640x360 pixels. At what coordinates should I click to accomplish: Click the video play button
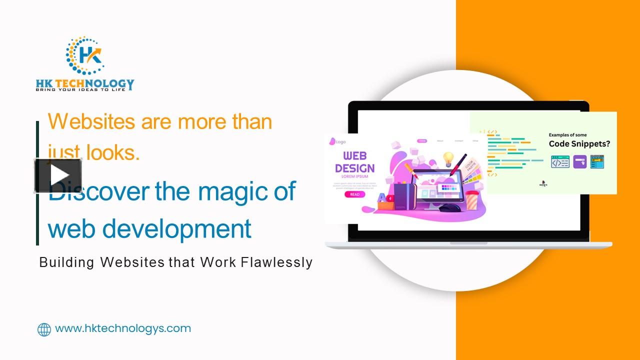tap(58, 175)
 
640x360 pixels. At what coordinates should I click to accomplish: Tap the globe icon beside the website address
tap(44, 329)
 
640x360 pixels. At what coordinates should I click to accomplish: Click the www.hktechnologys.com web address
tap(123, 328)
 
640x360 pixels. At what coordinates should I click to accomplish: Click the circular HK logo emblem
tap(85, 55)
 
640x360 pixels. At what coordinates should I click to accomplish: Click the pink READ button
tap(354, 194)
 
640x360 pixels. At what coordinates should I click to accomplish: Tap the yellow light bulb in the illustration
tap(448, 158)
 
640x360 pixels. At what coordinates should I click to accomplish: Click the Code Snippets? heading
tap(579, 144)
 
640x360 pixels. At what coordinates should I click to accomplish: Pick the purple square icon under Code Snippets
tap(580, 161)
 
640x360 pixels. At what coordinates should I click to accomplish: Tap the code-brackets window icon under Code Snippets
tap(560, 161)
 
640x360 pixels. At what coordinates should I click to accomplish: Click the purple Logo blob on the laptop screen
tap(332, 141)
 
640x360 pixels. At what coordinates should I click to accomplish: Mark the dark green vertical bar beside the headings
tap(37, 183)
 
